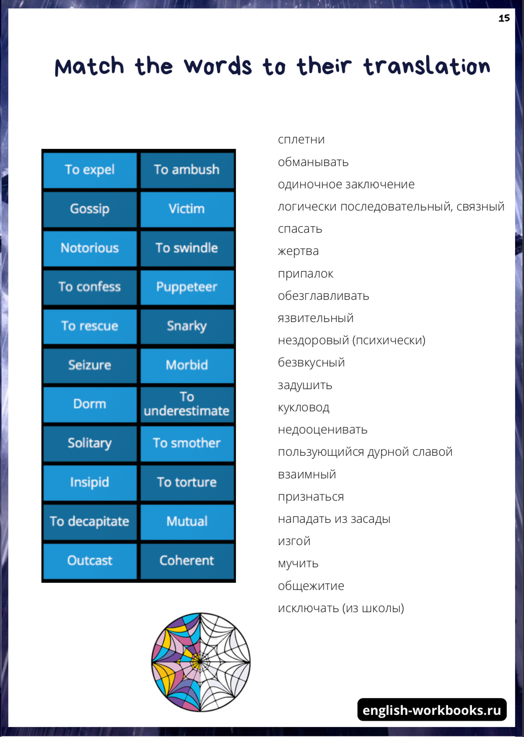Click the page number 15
point(504,18)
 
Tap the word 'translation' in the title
point(427,67)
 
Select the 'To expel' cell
point(90,170)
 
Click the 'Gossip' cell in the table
point(90,209)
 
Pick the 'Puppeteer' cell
point(187,287)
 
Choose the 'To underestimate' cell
point(187,404)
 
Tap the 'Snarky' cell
point(187,326)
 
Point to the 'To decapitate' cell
point(90,522)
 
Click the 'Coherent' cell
point(187,561)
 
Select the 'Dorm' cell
point(90,404)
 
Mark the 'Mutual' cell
point(187,522)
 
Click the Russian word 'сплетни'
point(301,140)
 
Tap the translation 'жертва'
point(298,251)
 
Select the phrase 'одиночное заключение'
point(346,184)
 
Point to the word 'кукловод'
point(304,407)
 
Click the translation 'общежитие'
point(311,586)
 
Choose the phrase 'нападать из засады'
point(334,519)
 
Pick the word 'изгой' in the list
point(294,541)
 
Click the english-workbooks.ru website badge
point(432,710)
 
